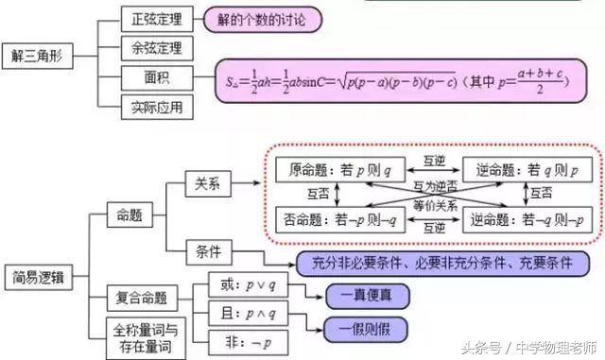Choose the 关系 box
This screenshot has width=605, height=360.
click(207, 185)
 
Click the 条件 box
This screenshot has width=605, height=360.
click(207, 253)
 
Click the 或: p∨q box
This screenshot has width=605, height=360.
click(247, 283)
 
